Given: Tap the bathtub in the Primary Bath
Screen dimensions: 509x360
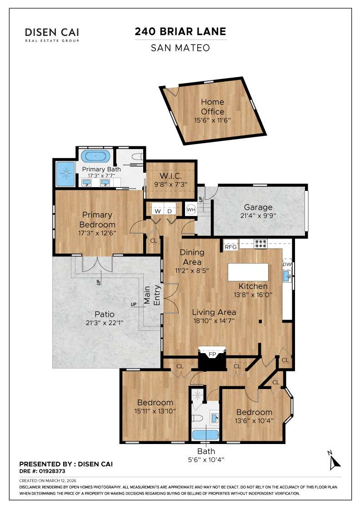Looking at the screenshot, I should [95, 157].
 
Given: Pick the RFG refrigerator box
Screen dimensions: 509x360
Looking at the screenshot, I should [231, 247].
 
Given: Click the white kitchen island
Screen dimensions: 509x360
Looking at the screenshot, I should [248, 272].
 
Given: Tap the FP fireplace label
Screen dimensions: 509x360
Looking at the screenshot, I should [212, 353].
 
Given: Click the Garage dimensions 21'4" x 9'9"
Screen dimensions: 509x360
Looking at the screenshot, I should [258, 215].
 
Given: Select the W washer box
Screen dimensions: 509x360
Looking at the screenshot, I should [158, 210].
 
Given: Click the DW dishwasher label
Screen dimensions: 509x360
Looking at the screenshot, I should [287, 264].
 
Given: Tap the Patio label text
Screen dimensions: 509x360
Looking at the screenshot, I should [104, 314].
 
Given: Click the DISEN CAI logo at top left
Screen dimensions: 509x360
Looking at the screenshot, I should [52, 34].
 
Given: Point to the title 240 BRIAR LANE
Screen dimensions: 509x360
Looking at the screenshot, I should [180, 31].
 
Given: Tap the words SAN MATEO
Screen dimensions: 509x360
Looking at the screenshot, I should [180, 47].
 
